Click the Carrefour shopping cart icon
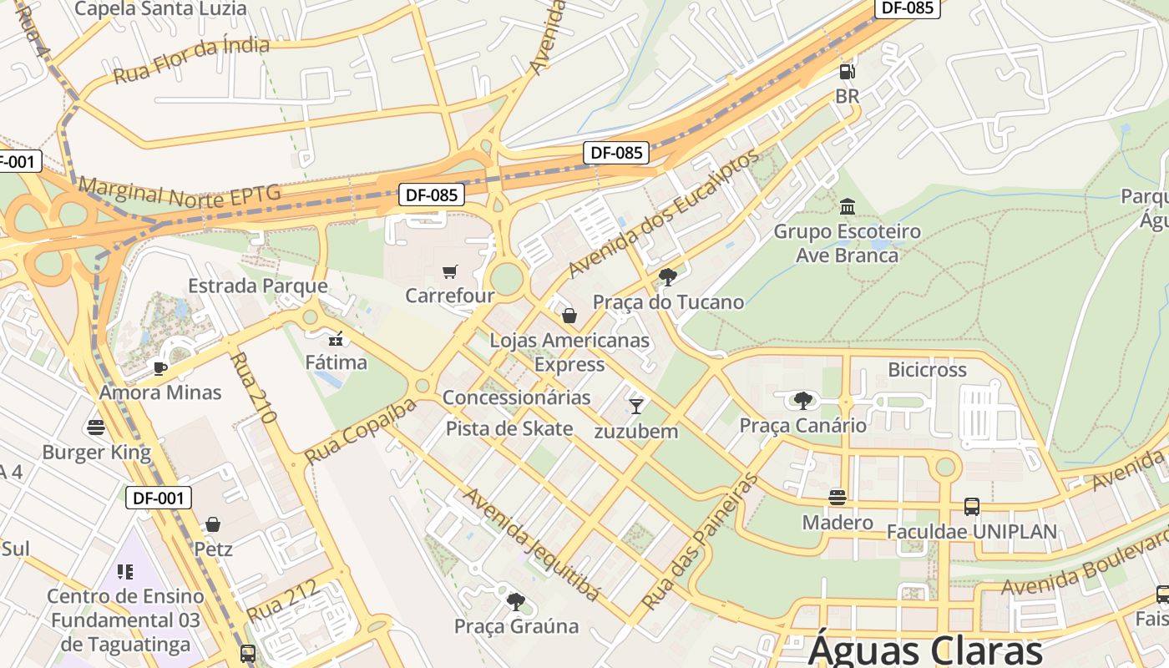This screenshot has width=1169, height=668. point(449,271)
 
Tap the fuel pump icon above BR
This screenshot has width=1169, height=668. point(847,72)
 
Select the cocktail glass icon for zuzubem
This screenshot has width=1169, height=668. point(636,407)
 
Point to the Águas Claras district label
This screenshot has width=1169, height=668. point(925,650)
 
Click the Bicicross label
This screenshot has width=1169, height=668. point(927,369)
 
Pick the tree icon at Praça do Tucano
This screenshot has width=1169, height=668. point(667,277)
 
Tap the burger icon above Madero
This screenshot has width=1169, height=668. point(838,498)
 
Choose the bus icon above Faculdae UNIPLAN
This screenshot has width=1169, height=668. point(971,506)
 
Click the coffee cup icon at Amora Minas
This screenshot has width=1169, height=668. point(160,368)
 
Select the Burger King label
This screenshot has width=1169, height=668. point(97,453)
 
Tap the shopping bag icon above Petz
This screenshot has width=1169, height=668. point(213,524)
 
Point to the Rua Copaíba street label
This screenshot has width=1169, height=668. point(360,432)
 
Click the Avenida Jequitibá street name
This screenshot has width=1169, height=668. point(532,544)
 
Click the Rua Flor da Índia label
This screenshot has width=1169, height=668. point(191,60)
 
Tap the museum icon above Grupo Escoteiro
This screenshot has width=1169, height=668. point(848,206)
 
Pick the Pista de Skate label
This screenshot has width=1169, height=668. point(509,428)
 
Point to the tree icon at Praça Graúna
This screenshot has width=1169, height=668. point(516,601)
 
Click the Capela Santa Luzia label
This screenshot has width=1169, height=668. point(160,9)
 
